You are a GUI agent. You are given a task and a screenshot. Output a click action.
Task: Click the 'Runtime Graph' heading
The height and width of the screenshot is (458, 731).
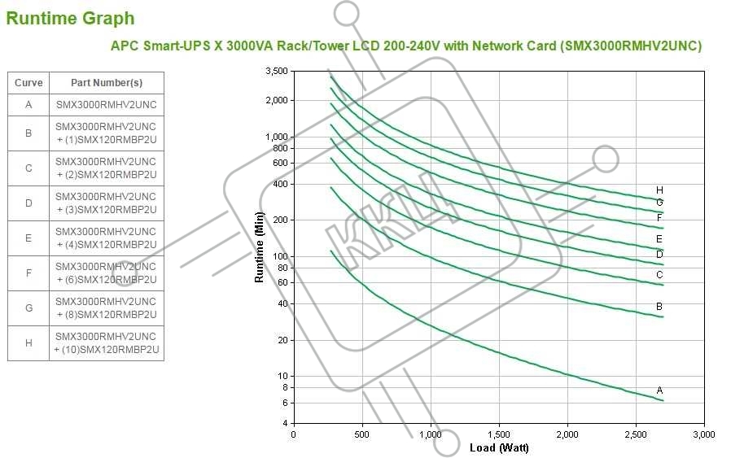click(x=70, y=18)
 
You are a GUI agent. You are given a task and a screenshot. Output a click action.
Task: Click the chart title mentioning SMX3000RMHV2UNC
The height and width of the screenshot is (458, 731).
click(x=405, y=46)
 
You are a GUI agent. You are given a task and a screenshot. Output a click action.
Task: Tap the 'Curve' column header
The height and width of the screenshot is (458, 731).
click(x=28, y=83)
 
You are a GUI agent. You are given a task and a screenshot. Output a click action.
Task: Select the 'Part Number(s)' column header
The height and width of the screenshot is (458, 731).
click(x=106, y=83)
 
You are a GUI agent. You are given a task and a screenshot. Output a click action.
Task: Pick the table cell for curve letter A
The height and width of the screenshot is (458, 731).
click(x=28, y=105)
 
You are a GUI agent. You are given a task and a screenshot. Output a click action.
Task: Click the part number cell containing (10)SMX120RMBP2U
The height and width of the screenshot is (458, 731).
click(x=106, y=343)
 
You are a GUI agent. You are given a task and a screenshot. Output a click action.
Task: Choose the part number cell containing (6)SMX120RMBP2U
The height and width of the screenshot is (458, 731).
click(x=106, y=273)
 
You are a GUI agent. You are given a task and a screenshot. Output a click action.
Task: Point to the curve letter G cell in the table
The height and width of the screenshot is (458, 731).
click(x=28, y=308)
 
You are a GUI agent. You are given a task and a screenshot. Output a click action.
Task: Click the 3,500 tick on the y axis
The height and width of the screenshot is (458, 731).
click(x=277, y=72)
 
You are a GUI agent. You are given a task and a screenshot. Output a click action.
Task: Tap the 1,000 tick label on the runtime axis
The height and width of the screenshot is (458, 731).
click(x=277, y=137)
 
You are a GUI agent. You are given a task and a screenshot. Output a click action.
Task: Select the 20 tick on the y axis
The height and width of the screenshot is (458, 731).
click(x=282, y=340)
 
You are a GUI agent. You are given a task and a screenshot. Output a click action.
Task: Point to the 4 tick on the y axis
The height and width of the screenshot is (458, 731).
click(x=284, y=423)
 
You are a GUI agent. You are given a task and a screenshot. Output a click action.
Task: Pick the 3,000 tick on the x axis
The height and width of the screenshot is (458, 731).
click(x=703, y=435)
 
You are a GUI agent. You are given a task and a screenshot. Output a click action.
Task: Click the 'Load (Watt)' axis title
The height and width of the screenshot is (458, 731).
click(x=499, y=448)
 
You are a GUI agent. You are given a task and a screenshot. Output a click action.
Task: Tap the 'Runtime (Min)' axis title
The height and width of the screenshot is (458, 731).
click(x=260, y=246)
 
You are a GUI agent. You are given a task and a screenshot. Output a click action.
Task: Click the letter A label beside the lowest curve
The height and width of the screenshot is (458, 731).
click(x=659, y=390)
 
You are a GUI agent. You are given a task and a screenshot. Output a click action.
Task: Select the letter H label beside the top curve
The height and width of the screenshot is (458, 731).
click(x=659, y=190)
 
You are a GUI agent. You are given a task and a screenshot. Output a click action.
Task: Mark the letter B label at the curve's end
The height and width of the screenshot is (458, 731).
click(x=659, y=307)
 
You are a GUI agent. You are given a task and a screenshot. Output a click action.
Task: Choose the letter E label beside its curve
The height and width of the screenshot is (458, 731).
click(x=659, y=239)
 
